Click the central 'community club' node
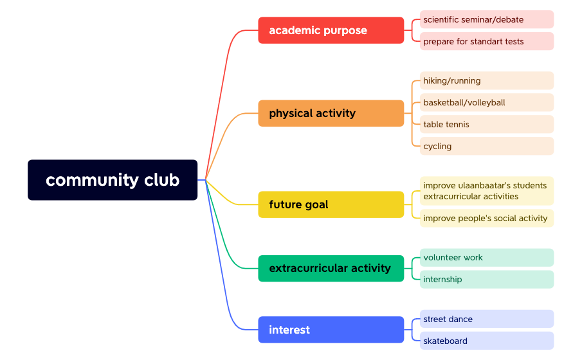[113, 180]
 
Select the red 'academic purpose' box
[331, 30]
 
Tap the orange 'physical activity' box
[331, 113]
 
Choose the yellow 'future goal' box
[331, 204]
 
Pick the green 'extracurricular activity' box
[331, 268]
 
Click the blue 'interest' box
[331, 330]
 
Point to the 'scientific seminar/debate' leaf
[487, 19]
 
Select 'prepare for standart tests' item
[487, 41]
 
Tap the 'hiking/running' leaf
[487, 80]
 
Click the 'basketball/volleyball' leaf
[487, 102]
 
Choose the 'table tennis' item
[487, 124]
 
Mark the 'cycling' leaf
[487, 146]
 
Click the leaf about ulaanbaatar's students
[487, 191]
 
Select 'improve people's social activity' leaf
[487, 218]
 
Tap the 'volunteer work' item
[487, 258]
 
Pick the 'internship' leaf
[487, 280]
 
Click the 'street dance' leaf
[487, 319]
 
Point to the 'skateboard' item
[487, 341]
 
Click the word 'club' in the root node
[161, 180]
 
